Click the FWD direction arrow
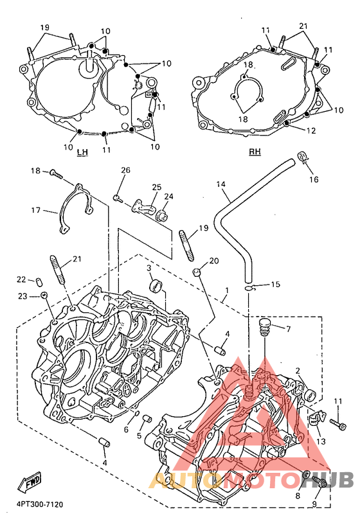tap(30, 482)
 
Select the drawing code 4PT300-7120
tap(40, 505)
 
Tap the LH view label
tap(82, 152)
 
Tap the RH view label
tap(255, 152)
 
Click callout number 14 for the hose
tap(221, 184)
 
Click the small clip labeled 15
tap(249, 288)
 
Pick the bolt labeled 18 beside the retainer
tap(56, 174)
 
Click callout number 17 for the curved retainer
tap(36, 210)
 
